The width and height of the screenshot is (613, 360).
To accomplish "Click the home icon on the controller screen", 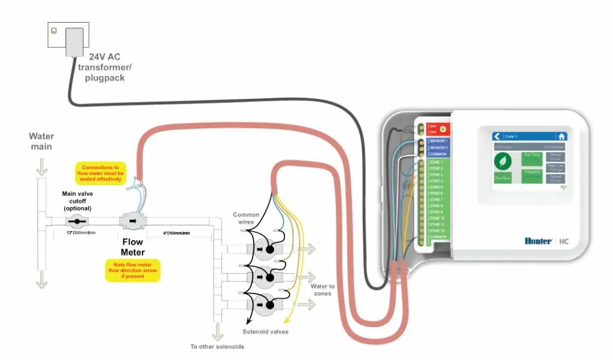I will [x=561, y=136].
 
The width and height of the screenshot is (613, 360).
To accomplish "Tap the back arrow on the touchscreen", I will [x=497, y=136].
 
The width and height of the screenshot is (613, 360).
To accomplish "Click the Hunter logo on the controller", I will [x=539, y=241].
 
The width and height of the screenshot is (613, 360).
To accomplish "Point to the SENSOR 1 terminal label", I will [x=438, y=141].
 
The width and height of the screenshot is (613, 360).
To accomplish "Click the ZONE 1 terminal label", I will [x=436, y=162].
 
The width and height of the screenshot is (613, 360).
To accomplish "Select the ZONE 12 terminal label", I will [x=437, y=231].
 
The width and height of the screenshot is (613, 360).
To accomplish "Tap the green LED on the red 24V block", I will [x=442, y=129].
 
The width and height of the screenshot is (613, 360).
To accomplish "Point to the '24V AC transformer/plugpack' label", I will [x=104, y=67].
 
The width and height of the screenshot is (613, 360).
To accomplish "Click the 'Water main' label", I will [x=41, y=141].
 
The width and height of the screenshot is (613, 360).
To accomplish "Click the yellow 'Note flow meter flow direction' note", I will [x=132, y=270].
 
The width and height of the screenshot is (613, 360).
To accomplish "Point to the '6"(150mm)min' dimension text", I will [x=177, y=232].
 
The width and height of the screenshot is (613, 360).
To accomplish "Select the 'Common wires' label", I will [x=246, y=218].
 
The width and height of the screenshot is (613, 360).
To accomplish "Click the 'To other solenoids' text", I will [x=217, y=347].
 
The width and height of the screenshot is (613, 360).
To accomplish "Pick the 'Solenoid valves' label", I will [x=265, y=332].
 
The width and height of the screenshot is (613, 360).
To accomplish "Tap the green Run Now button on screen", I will [x=503, y=178].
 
